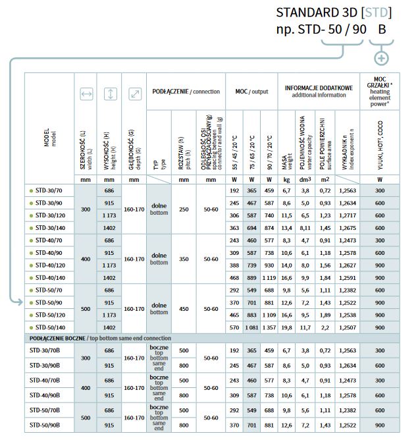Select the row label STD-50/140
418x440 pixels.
click(x=49, y=327)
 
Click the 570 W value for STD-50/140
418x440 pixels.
click(x=233, y=327)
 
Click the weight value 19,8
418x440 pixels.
click(x=286, y=327)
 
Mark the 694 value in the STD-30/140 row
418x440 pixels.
click(x=251, y=227)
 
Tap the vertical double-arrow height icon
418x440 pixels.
click(x=110, y=94)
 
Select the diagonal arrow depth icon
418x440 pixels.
click(x=134, y=94)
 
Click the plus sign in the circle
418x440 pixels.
click(x=380, y=58)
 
